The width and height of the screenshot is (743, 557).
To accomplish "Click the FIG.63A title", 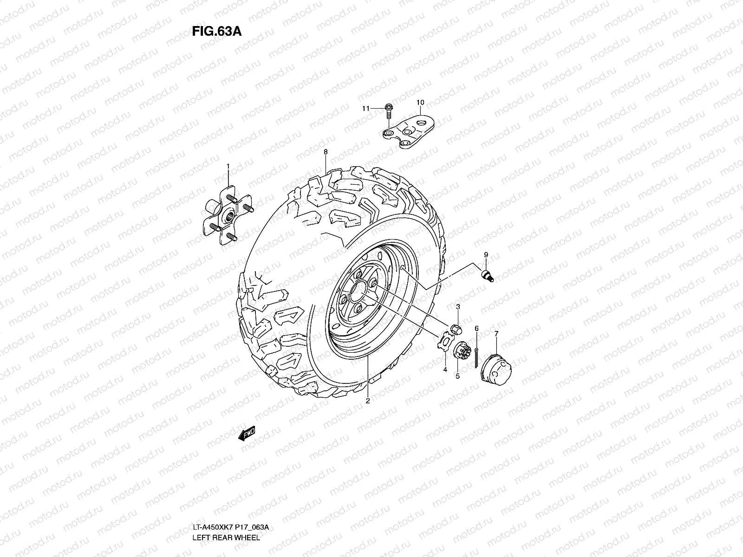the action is click(x=217, y=31).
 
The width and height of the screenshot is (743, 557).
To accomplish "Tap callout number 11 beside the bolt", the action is click(x=365, y=109).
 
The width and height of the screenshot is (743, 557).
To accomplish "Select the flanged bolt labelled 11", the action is click(x=389, y=111).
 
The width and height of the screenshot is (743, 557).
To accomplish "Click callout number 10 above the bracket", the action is click(x=420, y=103).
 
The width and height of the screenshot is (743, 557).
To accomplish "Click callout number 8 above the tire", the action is click(x=326, y=152).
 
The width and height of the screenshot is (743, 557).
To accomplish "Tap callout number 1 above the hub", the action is click(x=228, y=166).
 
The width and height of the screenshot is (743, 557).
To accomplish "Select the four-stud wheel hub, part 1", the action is click(x=228, y=215).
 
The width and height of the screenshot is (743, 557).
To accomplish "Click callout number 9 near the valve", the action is click(x=486, y=255).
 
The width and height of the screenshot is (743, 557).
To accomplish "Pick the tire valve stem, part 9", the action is click(x=488, y=275).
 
